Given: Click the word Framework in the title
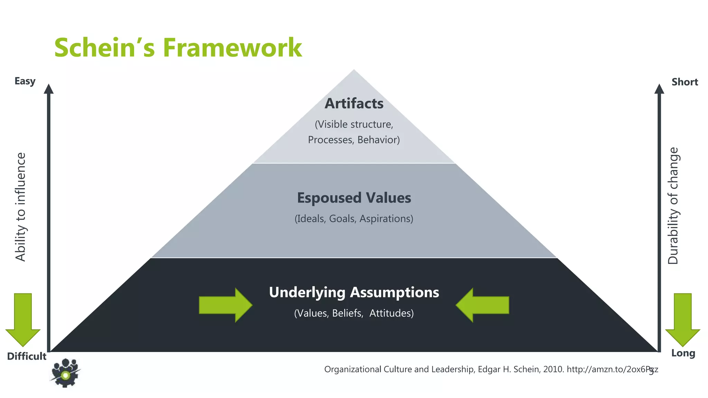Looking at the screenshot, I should (x=232, y=48).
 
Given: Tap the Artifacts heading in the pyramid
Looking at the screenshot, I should (x=354, y=104).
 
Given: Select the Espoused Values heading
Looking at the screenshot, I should (x=354, y=198).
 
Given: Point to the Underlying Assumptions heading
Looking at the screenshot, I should (x=354, y=292).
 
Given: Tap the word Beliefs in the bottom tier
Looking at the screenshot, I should (x=347, y=313).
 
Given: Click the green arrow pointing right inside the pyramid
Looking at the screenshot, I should (x=225, y=305).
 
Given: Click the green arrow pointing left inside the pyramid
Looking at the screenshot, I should (x=482, y=305).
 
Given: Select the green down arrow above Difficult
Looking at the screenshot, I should (x=23, y=320).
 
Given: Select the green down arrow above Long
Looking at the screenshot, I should (x=683, y=320).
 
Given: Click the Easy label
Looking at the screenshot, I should (x=25, y=81).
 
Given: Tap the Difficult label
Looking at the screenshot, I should (x=27, y=357).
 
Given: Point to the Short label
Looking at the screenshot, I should (x=685, y=82).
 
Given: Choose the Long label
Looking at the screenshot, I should (x=683, y=353).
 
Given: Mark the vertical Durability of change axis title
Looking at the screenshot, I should (x=673, y=206).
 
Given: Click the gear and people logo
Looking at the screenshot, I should (x=65, y=373).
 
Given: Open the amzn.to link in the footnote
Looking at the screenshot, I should (x=612, y=370).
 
